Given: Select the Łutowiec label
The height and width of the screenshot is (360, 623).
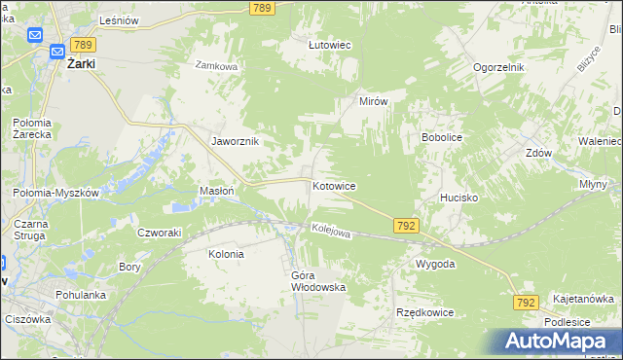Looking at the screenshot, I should pyautogui.click(x=329, y=45).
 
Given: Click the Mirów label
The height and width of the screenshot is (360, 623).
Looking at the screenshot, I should pyautogui.click(x=374, y=101).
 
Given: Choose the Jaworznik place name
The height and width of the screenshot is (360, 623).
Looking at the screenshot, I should pyautogui.click(x=235, y=141).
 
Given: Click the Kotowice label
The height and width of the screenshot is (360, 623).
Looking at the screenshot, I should pyautogui.click(x=334, y=185).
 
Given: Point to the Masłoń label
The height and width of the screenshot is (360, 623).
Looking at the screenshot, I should pyautogui.click(x=216, y=191).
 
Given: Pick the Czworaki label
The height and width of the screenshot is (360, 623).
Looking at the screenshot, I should pyautogui.click(x=160, y=233).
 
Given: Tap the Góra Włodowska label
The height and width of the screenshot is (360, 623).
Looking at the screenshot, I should pyautogui.click(x=318, y=281).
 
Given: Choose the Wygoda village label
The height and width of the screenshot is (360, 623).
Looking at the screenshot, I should pyautogui.click(x=435, y=264).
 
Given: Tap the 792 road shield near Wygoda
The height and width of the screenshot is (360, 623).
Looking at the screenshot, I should pyautogui.click(x=407, y=226).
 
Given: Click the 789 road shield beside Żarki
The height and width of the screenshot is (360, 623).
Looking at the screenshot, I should pyautogui.click(x=83, y=45).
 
